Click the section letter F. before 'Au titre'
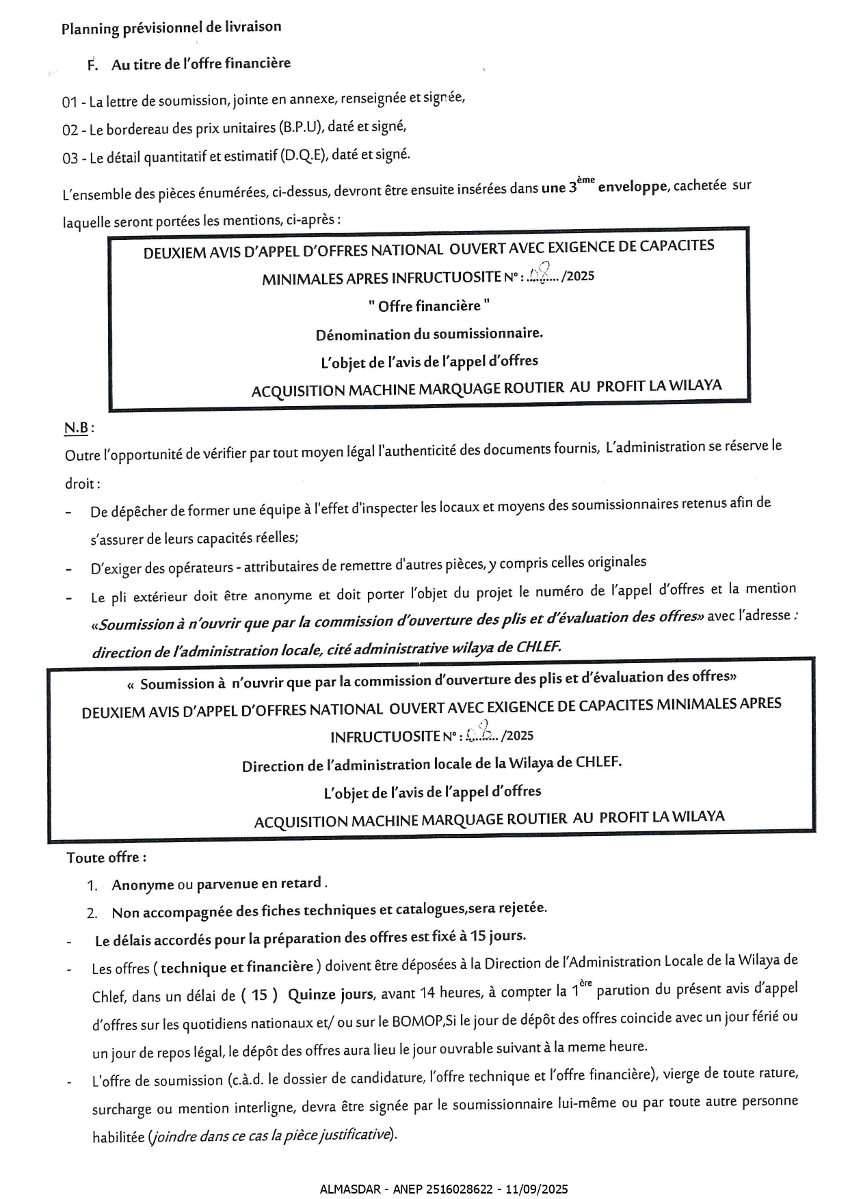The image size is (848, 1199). [94, 65]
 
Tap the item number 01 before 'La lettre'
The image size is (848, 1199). [69, 103]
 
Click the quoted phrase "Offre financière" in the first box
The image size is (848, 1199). [429, 306]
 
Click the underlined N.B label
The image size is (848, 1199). [77, 428]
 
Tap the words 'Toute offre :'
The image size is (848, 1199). [106, 857]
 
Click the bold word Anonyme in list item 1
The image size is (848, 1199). [143, 885]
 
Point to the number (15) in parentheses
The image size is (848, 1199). [259, 995]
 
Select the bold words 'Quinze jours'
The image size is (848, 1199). [331, 994]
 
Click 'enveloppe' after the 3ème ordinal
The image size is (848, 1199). [632, 187]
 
